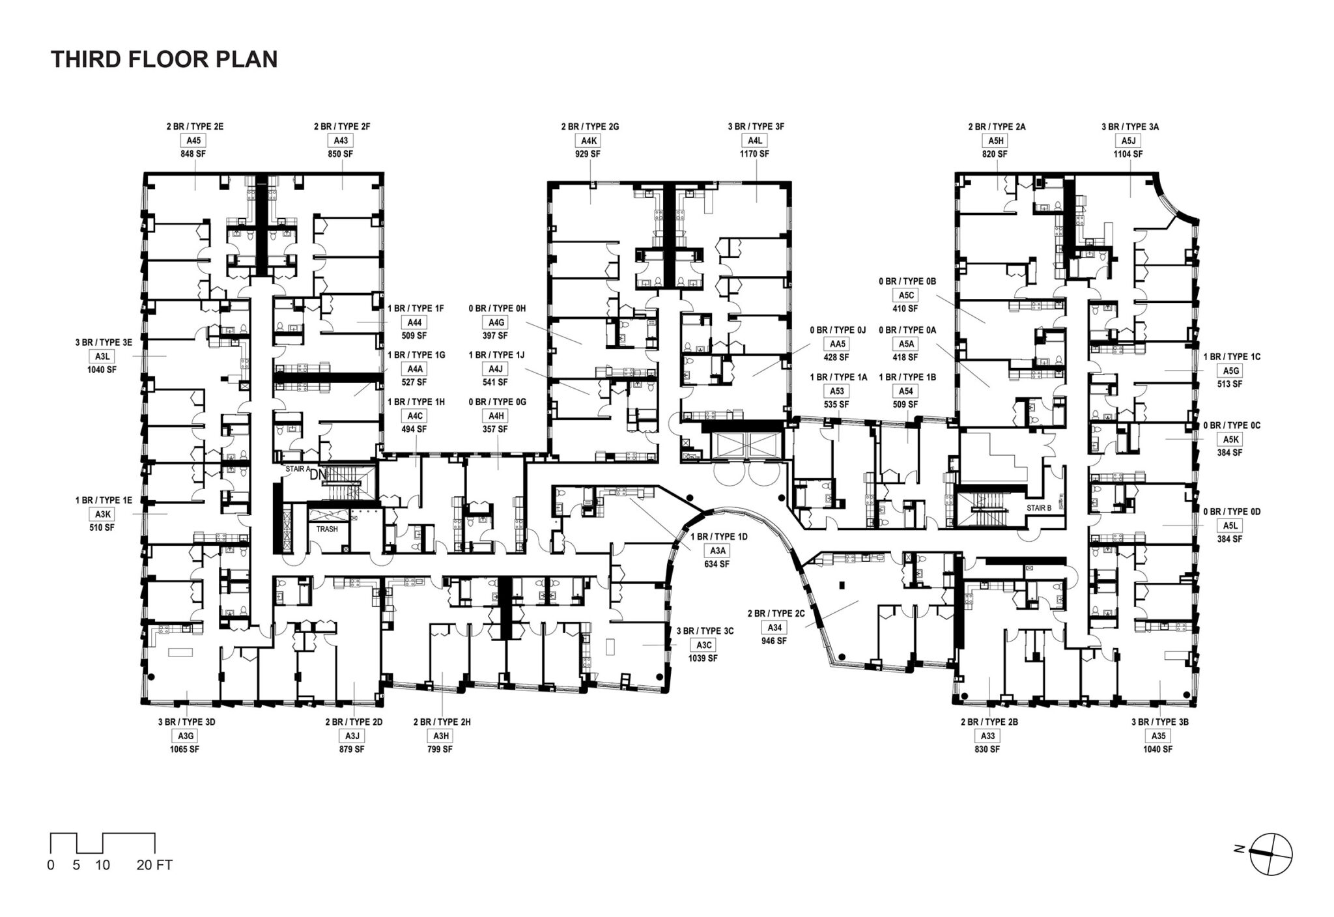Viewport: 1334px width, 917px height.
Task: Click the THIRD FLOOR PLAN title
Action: [x=164, y=59]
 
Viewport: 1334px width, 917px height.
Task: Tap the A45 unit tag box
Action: [x=194, y=141]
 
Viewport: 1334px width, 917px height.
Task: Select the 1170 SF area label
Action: [x=754, y=154]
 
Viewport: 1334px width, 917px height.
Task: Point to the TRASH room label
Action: [x=327, y=529]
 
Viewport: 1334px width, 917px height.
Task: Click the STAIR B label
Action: [x=1039, y=508]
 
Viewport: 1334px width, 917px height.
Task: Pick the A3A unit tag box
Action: [x=716, y=551]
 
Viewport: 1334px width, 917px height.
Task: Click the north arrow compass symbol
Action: [x=1271, y=854]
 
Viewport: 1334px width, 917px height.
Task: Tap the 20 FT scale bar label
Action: [x=154, y=866]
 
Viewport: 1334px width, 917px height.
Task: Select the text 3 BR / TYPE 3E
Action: [x=104, y=343]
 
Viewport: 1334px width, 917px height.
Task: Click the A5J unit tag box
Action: [x=1128, y=141]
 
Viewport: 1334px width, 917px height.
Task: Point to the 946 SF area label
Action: [x=774, y=641]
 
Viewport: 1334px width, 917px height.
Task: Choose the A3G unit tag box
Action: [x=186, y=736]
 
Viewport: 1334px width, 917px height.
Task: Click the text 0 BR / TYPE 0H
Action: [x=497, y=309]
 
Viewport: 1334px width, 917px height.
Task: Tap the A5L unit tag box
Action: [x=1230, y=526]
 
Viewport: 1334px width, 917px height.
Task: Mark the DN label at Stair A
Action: [x=318, y=475]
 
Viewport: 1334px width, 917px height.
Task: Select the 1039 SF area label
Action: [x=703, y=658]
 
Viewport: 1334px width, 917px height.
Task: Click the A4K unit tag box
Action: [x=589, y=141]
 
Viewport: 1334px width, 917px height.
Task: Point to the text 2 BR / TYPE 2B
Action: [x=989, y=722]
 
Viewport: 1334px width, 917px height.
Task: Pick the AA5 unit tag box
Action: [x=837, y=344]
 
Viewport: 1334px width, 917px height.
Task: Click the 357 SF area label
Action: [x=495, y=430]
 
